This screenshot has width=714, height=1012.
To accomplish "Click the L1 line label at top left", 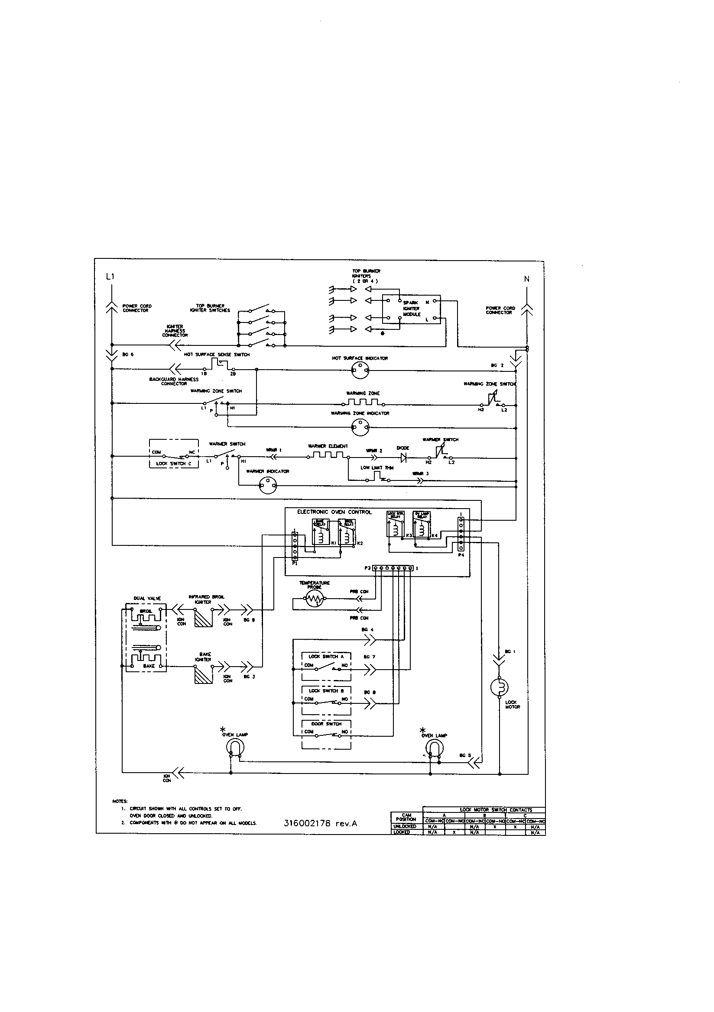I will (x=110, y=277).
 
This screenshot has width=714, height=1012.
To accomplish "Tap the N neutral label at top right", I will (x=526, y=279).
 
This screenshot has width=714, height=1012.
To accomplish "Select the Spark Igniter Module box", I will (x=411, y=309).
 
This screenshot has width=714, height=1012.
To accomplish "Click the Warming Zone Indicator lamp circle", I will (x=360, y=427).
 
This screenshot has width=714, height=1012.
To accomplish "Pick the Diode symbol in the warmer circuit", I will (x=403, y=458).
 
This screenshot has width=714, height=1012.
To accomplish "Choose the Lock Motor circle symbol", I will (x=500, y=687).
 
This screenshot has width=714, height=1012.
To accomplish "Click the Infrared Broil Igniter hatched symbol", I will (x=203, y=617).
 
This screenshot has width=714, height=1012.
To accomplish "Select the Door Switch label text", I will (x=327, y=724).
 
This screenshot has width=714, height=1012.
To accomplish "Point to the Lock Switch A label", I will (x=326, y=656).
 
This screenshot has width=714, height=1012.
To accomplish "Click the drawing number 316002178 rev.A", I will (x=320, y=823).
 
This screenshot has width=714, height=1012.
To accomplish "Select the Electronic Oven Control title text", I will (x=334, y=512).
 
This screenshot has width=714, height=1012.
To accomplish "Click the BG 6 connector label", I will (x=127, y=355).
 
